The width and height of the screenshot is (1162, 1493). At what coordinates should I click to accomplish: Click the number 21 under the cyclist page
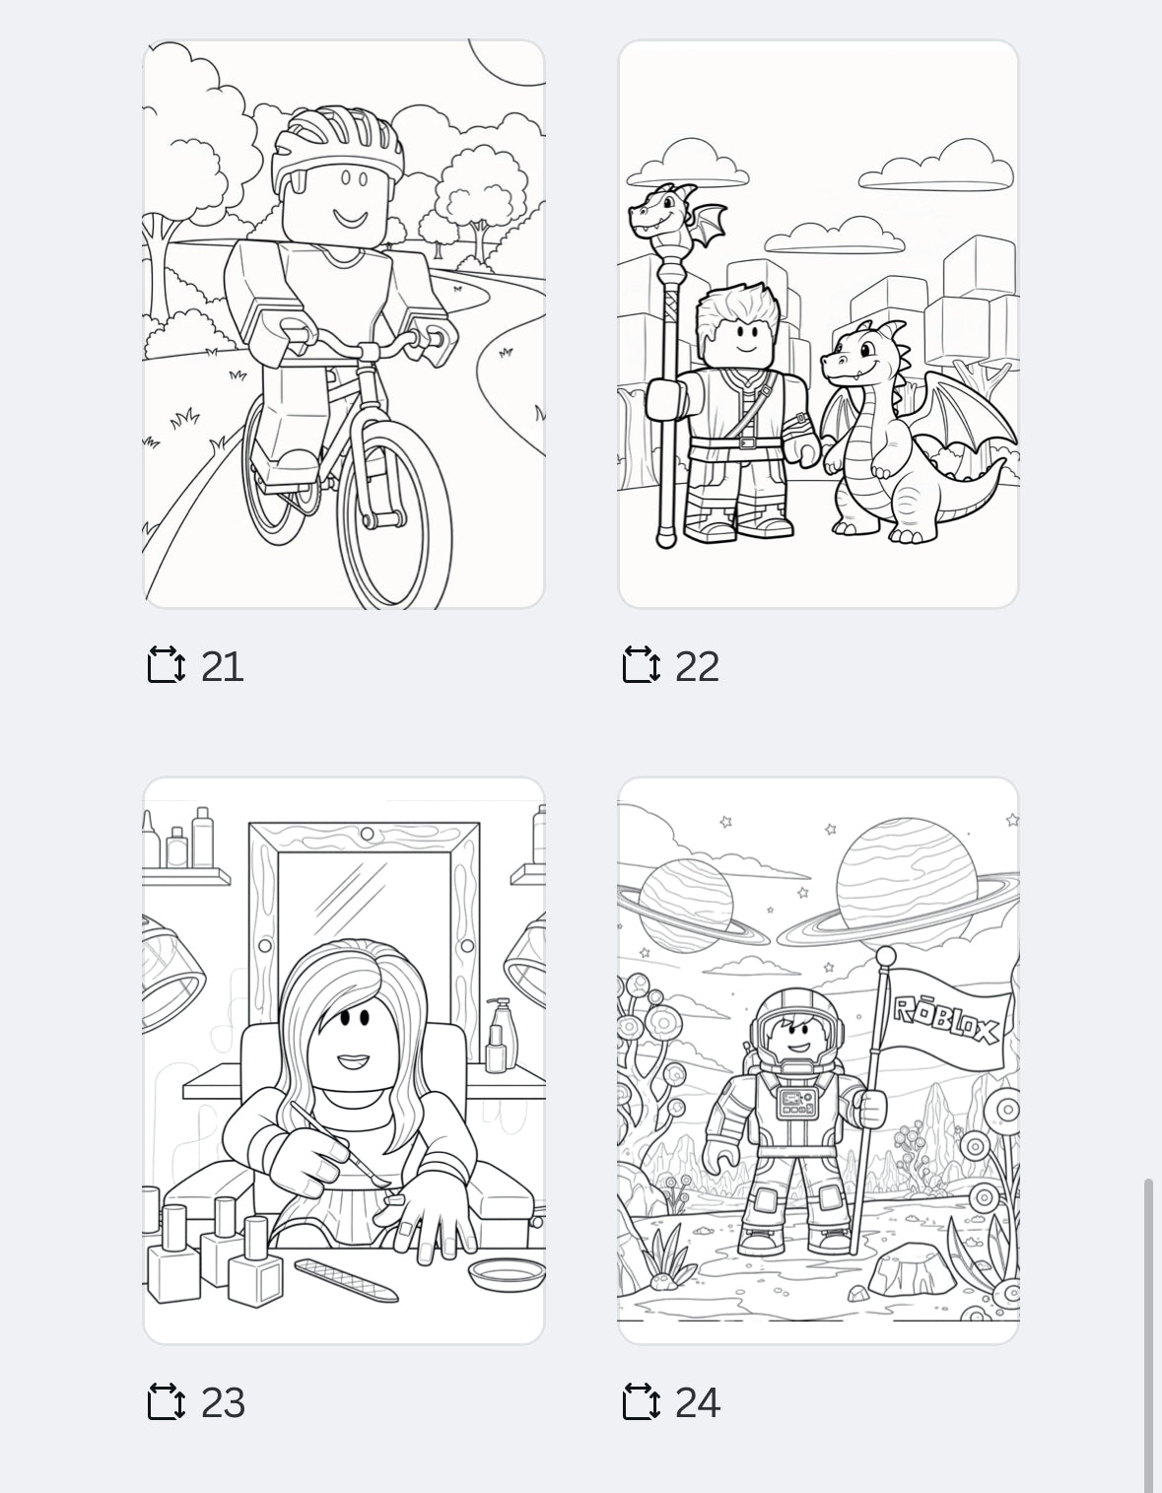click(x=222, y=666)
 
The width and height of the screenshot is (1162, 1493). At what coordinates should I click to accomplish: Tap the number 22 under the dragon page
click(x=697, y=666)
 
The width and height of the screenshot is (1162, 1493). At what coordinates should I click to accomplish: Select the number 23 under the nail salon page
click(x=222, y=1402)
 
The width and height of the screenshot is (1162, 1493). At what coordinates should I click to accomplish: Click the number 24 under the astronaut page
click(x=697, y=1402)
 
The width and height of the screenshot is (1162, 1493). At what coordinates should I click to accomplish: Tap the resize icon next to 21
click(x=166, y=665)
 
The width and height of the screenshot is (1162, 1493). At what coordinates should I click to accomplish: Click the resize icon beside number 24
click(x=641, y=1401)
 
